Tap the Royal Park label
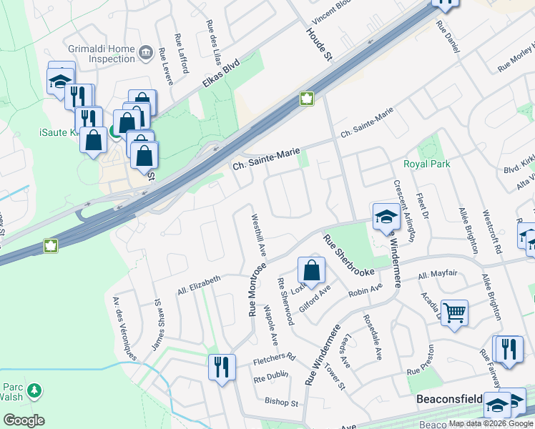coord(427,164)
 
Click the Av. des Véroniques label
coord(124,328)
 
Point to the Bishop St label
coord(281,403)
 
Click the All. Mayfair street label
coord(437,274)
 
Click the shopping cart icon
coord(455,312)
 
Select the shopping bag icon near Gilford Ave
coord(311,270)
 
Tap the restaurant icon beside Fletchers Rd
coord(222,367)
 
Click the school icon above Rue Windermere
coord(386,215)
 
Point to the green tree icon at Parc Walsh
coord(33,391)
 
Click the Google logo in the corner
coord(24,420)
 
